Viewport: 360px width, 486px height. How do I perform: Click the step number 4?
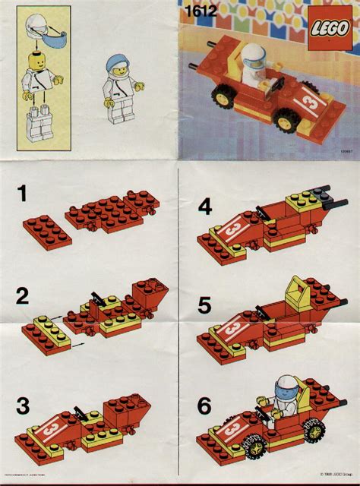click(204, 206)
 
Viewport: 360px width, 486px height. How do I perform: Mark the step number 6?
click(204, 407)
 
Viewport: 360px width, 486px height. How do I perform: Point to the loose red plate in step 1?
click(48, 231)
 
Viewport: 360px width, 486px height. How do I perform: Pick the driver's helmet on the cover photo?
click(251, 54)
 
